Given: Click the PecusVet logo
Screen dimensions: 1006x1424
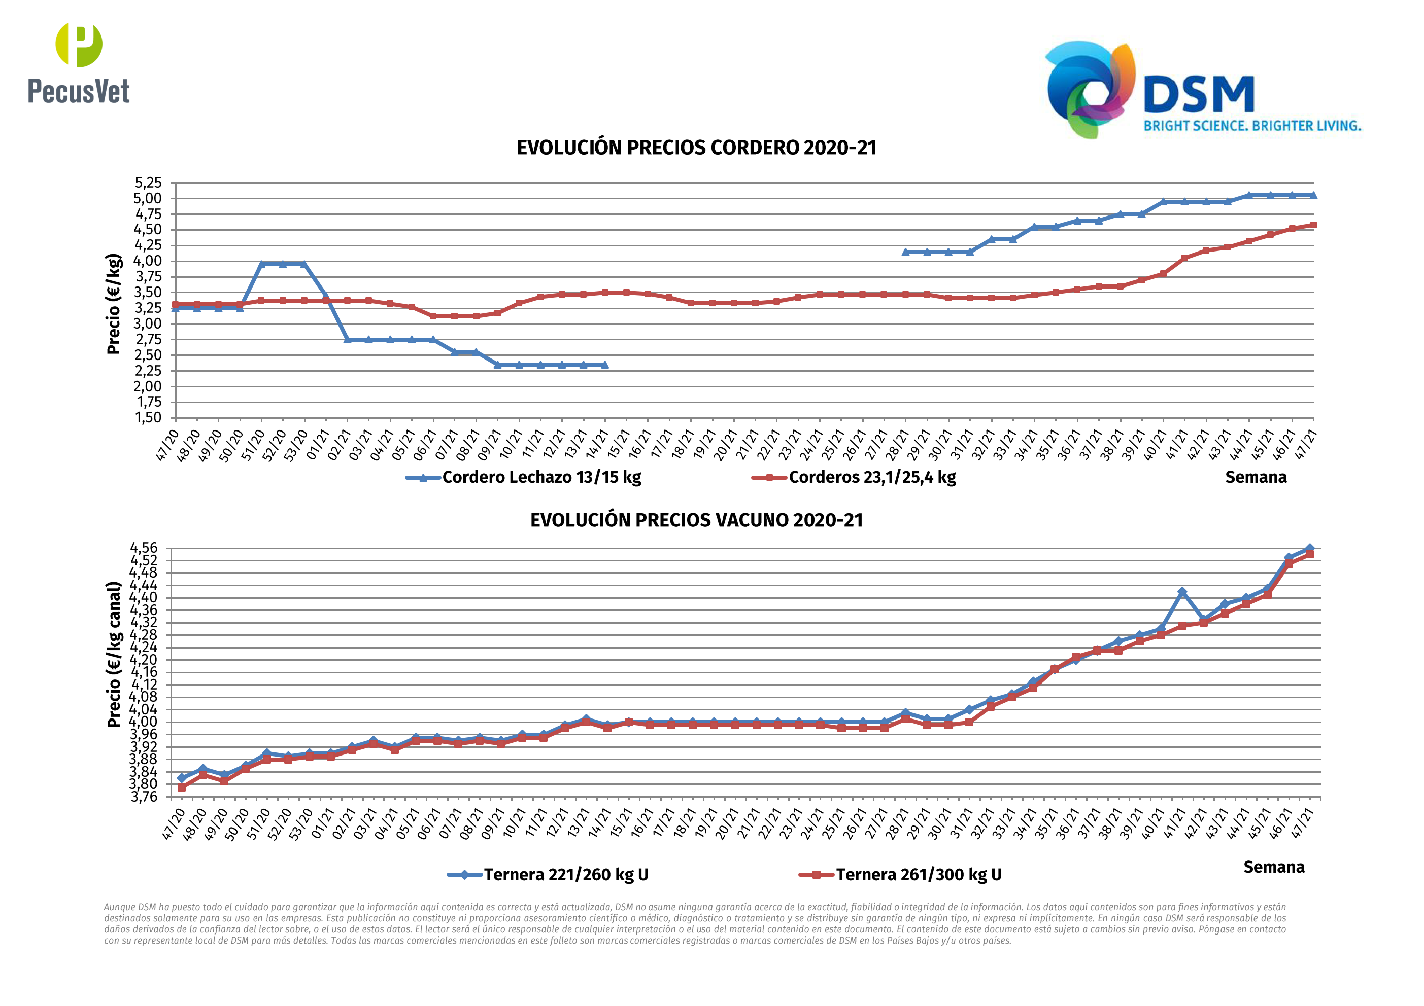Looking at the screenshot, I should coord(79,64).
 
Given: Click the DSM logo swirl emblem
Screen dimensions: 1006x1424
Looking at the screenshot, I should coord(1090,88).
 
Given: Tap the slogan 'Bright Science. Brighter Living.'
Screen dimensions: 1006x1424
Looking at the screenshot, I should coord(1251,126).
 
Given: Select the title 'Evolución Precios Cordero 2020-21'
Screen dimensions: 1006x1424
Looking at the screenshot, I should coord(696,148).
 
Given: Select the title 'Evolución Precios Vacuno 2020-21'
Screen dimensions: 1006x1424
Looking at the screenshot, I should coord(696,520).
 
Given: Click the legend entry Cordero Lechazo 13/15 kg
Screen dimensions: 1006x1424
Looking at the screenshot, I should coord(541,477).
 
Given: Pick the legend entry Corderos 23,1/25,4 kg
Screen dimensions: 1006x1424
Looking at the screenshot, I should coord(871,477).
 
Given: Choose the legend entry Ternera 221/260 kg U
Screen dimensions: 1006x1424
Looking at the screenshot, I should coord(566,875).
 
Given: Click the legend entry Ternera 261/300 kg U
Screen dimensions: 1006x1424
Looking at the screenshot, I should coord(918,875).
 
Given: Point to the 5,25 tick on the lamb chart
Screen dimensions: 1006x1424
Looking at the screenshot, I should coord(148,183).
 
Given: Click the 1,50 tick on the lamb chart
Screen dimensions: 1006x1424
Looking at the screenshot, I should coord(148,418).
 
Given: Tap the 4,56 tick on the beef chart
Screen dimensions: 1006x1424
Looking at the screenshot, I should coord(144,548).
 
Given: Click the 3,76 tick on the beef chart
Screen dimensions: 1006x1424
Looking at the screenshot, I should coord(144,797).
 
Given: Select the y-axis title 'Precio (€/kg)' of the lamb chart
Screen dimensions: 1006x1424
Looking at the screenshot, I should coord(114,304).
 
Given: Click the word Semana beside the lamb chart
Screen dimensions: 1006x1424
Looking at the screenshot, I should coord(1256,477).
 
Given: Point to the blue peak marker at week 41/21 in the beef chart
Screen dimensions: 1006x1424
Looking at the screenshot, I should coord(1182,592).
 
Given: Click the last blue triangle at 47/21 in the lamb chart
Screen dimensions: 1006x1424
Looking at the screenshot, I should coord(1313,195).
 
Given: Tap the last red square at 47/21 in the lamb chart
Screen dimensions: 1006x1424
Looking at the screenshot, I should coord(1313,225).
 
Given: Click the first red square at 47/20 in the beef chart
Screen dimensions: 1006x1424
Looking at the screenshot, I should coord(182,787).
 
